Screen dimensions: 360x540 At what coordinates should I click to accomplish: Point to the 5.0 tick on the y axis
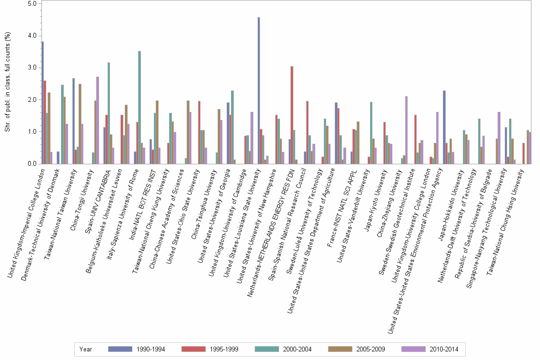pyautogui.click(x=32, y=3)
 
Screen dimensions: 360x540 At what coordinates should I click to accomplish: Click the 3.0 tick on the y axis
pyautogui.click(x=32, y=68)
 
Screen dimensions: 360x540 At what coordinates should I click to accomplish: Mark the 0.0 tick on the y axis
pyautogui.click(x=32, y=164)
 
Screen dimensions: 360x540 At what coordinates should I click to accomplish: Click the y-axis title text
pyautogui.click(x=7, y=83)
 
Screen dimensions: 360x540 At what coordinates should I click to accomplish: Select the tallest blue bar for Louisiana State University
pyautogui.click(x=259, y=90)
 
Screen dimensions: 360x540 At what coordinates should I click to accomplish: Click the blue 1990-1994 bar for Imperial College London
pyautogui.click(x=42, y=102)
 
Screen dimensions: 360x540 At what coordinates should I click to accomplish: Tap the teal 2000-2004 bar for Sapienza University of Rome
pyautogui.click(x=140, y=107)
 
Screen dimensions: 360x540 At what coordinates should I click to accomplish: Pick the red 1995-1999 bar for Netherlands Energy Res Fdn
pyautogui.click(x=292, y=115)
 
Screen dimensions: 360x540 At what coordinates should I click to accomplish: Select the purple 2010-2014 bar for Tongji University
pyautogui.click(x=98, y=120)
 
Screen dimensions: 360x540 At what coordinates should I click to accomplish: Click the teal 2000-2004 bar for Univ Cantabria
pyautogui.click(x=109, y=113)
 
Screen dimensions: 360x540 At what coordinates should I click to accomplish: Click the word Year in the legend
pyautogui.click(x=86, y=349)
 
